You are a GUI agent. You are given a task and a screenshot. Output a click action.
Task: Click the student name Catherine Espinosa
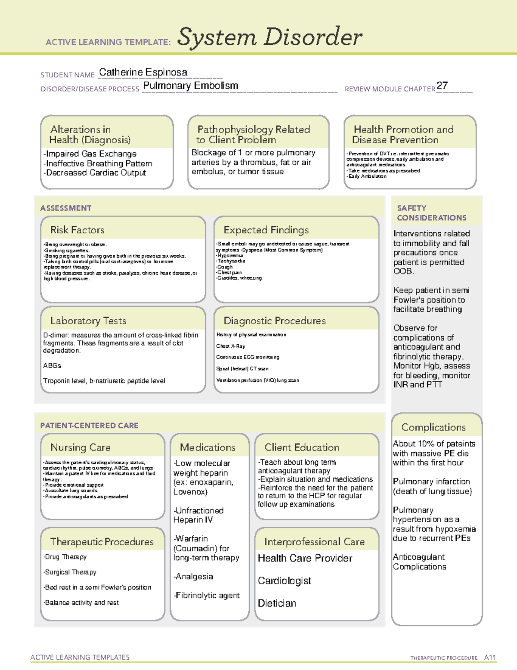pos(143,72)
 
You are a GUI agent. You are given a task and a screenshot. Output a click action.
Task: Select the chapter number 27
pos(442,85)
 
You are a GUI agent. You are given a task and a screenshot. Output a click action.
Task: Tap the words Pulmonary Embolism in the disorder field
pos(190,86)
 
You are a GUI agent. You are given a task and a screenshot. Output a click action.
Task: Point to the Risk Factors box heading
pos(78,230)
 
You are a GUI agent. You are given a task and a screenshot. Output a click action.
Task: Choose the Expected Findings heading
pos(266,230)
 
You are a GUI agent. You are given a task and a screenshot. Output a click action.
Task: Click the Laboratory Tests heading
pos(88,321)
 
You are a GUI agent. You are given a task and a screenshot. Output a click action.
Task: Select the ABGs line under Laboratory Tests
pos(52,366)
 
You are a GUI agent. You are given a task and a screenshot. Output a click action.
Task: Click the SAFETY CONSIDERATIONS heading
pos(431,213)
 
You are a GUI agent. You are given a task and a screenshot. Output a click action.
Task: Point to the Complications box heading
pos(433,428)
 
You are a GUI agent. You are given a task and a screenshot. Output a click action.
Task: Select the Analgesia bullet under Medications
pos(193,577)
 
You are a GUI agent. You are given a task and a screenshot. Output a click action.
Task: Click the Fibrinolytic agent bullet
pos(206,596)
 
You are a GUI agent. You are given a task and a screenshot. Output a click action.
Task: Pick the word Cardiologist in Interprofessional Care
pos(284,581)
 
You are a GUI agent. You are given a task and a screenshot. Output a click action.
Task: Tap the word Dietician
pos(277,604)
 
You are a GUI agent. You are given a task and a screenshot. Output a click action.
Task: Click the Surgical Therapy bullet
pos(70,572)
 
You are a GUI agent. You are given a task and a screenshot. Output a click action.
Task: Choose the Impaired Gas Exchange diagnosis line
pos(90,154)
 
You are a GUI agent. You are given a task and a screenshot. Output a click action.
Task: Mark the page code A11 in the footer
pos(490,657)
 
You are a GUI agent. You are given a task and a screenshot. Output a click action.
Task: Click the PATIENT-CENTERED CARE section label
pos(89,426)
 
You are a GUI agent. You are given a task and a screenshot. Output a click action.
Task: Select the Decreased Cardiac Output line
pos(95,173)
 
